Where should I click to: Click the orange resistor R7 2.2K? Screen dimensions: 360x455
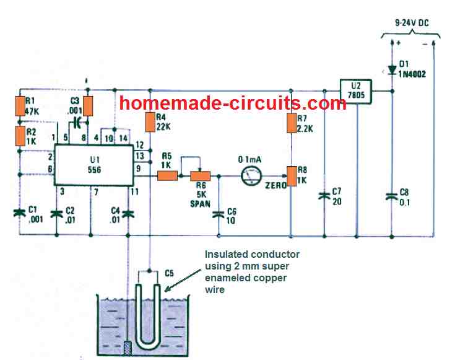click(290, 123)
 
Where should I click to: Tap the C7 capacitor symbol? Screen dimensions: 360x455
click(324, 196)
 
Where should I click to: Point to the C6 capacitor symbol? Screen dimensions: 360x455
click(218, 214)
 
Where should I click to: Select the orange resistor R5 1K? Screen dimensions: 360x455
click(168, 176)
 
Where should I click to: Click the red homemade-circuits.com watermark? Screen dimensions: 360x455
click(232, 103)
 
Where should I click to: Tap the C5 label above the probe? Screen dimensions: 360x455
click(171, 273)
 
